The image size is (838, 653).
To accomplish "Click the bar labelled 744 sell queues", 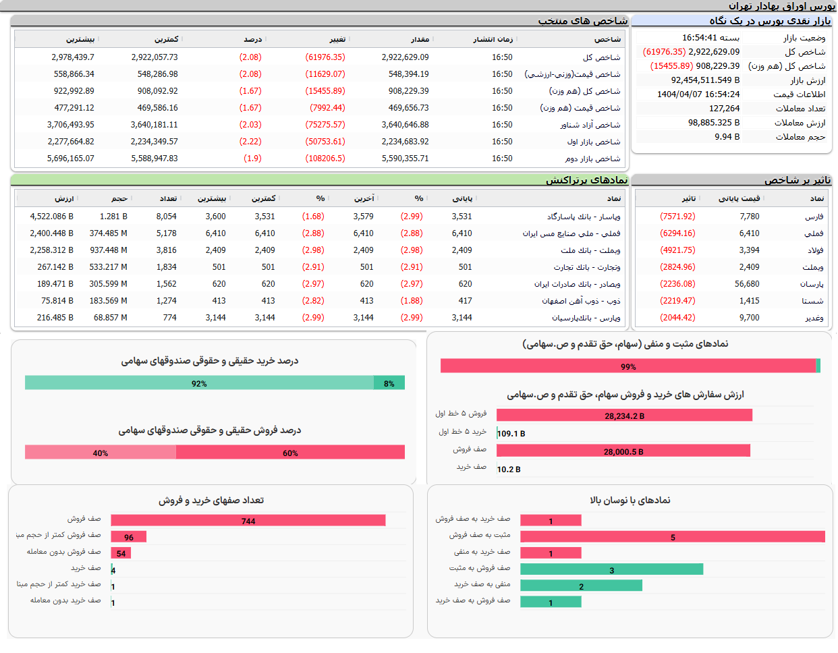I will point(248,521).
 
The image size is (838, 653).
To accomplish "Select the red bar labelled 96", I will point(129,537).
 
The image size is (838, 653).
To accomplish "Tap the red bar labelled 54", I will point(121,553).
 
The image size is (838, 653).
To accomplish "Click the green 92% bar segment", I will point(199,383).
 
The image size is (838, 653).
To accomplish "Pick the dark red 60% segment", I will point(290,453).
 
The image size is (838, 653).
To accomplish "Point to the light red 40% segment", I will point(101,453).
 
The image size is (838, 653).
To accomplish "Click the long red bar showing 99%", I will point(627,366).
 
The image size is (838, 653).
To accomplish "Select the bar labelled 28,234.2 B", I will point(624,416).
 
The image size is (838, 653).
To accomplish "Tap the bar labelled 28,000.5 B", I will point(623,451).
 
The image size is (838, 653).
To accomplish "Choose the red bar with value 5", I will point(672,537).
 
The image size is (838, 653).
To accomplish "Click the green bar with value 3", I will point(611,569).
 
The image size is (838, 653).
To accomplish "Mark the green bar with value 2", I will point(581,586).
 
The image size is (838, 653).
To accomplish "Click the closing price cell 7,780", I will point(749,217).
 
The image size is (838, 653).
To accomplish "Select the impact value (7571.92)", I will point(677,217).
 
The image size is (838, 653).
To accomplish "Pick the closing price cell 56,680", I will point(747,284).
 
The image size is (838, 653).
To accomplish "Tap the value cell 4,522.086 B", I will point(52,217).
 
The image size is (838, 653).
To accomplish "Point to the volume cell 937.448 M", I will point(109,250).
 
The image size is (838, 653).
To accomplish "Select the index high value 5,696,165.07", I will point(71,159).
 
